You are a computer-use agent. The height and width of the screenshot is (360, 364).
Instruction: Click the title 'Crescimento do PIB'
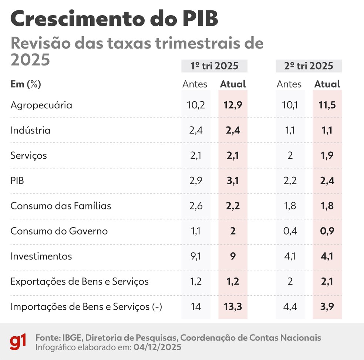pos(114,19)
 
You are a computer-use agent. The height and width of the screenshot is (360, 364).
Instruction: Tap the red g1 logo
pos(18,342)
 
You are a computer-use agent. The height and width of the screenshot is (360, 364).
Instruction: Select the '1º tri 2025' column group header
pos(214,66)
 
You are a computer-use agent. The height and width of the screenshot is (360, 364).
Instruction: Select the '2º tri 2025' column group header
pos(309,66)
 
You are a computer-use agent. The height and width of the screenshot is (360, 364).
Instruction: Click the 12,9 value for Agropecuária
pos(233,105)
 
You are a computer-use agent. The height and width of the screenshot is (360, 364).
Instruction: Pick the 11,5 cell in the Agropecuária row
pos(327,105)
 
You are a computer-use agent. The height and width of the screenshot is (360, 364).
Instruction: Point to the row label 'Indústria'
pos(30,130)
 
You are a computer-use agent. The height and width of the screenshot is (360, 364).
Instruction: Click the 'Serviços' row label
pos(29,155)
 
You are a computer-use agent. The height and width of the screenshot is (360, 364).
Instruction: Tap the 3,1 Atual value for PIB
pos(233,181)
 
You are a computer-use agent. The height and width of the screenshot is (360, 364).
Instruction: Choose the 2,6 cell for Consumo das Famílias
pos(196,206)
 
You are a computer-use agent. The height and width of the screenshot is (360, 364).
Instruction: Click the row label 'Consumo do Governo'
pos(59,231)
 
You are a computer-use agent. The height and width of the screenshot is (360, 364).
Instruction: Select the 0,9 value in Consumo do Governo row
pos(327,231)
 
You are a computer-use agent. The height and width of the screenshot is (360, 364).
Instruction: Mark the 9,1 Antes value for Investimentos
pos(196,256)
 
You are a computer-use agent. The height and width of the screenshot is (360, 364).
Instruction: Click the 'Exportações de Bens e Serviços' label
pos(79,282)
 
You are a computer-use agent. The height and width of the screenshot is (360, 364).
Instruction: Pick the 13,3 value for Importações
pos(233,307)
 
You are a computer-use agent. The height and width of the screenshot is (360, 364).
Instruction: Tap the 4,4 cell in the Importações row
pos(290,307)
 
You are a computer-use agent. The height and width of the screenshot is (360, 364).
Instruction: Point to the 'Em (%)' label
pos(26,84)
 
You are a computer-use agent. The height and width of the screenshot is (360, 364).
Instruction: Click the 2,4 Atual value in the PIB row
pos(327,181)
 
